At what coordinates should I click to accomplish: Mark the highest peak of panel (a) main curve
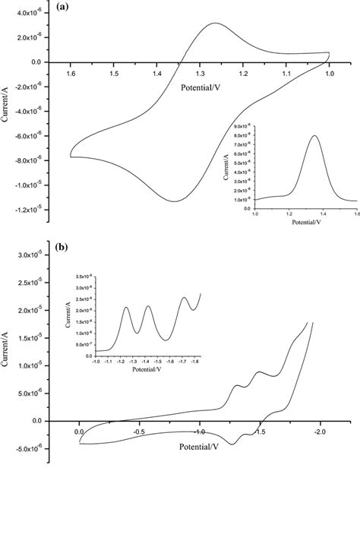click(x=216, y=24)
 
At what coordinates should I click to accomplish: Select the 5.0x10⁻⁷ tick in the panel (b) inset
click(x=81, y=344)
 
